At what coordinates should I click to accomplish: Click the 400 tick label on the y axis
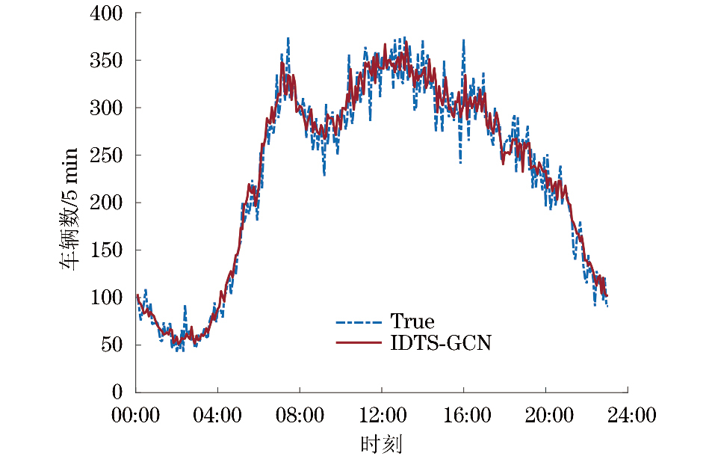(107, 13)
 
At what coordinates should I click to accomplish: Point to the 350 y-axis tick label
(107, 61)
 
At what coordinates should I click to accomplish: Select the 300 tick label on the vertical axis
(107, 108)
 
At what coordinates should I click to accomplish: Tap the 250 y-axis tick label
(107, 155)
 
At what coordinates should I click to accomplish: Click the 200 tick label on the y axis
(107, 203)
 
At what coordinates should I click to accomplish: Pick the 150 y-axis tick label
(107, 250)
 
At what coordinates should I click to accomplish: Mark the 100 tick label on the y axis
(107, 298)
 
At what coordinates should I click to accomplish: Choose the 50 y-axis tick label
(112, 345)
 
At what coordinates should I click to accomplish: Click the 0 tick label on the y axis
(117, 392)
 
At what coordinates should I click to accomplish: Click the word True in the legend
(412, 321)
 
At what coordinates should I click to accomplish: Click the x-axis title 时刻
(381, 444)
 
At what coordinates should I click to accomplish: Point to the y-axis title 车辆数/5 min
(69, 203)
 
